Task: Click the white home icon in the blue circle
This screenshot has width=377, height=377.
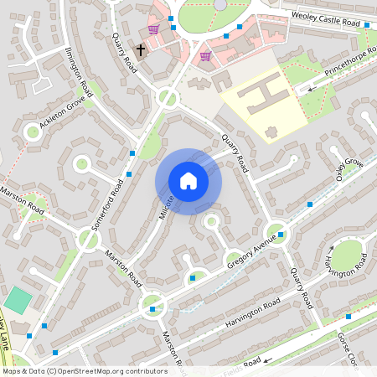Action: pos(188,181)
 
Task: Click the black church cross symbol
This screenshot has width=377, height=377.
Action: pos(141,50)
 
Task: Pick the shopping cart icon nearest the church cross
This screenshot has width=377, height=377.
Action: pos(153,29)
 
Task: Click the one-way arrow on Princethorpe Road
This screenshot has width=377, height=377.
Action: pos(312,87)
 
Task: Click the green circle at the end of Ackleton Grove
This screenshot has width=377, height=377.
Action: pos(33,132)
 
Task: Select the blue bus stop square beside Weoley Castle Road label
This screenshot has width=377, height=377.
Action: pos(367,26)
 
